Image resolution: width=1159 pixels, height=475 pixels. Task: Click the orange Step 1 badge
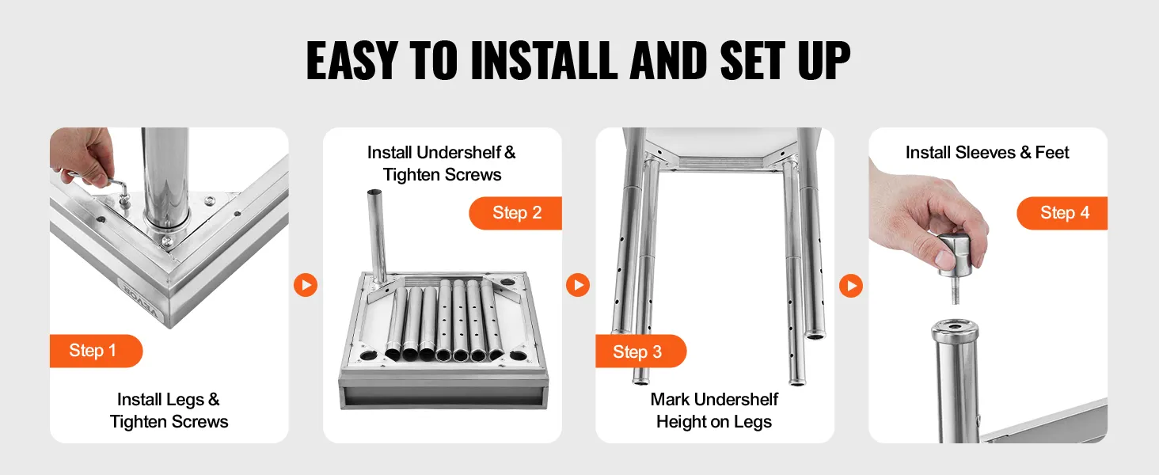click(96, 351)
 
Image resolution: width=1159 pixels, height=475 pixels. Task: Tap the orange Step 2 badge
click(515, 213)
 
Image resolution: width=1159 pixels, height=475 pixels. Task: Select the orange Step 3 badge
click(641, 351)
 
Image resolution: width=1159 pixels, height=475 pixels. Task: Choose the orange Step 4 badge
click(1062, 213)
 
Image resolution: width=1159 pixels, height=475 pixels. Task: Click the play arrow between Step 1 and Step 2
click(306, 285)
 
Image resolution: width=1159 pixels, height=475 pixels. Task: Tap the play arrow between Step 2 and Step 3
click(578, 285)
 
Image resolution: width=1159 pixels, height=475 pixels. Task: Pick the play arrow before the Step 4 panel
click(851, 286)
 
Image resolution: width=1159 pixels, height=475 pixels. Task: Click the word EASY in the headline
click(351, 60)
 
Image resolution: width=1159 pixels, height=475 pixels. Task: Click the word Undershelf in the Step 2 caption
click(458, 153)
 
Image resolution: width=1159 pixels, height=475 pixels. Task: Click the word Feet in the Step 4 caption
click(1052, 153)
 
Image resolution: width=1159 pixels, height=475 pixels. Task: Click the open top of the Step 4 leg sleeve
click(955, 329)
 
